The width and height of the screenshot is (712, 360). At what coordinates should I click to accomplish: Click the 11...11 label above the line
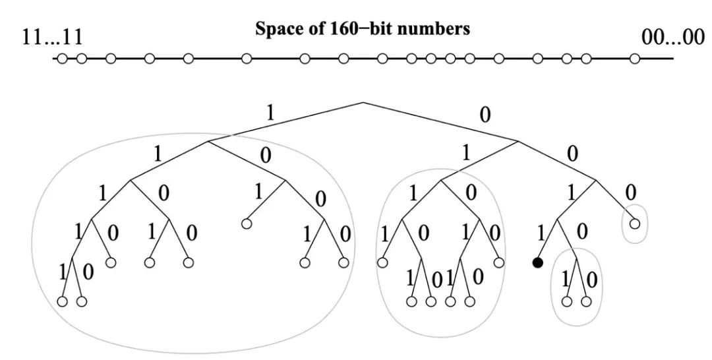click(x=52, y=36)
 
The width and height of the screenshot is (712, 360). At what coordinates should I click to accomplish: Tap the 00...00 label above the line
click(x=672, y=36)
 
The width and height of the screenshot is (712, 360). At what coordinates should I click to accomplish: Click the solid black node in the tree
click(x=537, y=262)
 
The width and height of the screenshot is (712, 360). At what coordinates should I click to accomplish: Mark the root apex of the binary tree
click(x=363, y=102)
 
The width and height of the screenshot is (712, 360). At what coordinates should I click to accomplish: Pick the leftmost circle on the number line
click(x=63, y=59)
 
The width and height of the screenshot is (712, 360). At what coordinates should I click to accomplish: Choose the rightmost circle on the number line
click(x=634, y=59)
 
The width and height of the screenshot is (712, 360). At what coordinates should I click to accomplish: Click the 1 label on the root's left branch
click(x=270, y=111)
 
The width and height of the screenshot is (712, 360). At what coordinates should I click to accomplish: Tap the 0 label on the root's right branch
click(x=485, y=115)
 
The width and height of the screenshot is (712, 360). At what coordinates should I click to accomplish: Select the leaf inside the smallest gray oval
click(x=634, y=224)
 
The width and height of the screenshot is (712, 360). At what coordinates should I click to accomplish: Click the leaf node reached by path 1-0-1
click(x=246, y=224)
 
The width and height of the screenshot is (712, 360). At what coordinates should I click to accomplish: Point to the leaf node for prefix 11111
click(x=63, y=301)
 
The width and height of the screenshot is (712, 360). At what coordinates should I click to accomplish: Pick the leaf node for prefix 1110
click(x=111, y=262)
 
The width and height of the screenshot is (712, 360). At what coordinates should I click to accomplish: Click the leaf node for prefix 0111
click(x=382, y=262)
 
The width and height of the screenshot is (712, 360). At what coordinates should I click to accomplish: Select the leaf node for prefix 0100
click(x=498, y=262)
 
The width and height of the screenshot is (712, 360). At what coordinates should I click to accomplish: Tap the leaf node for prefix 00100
click(x=586, y=301)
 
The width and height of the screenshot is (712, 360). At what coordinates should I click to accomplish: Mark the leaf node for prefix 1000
click(x=343, y=262)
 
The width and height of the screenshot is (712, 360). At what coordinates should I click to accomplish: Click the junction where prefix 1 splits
click(x=208, y=140)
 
